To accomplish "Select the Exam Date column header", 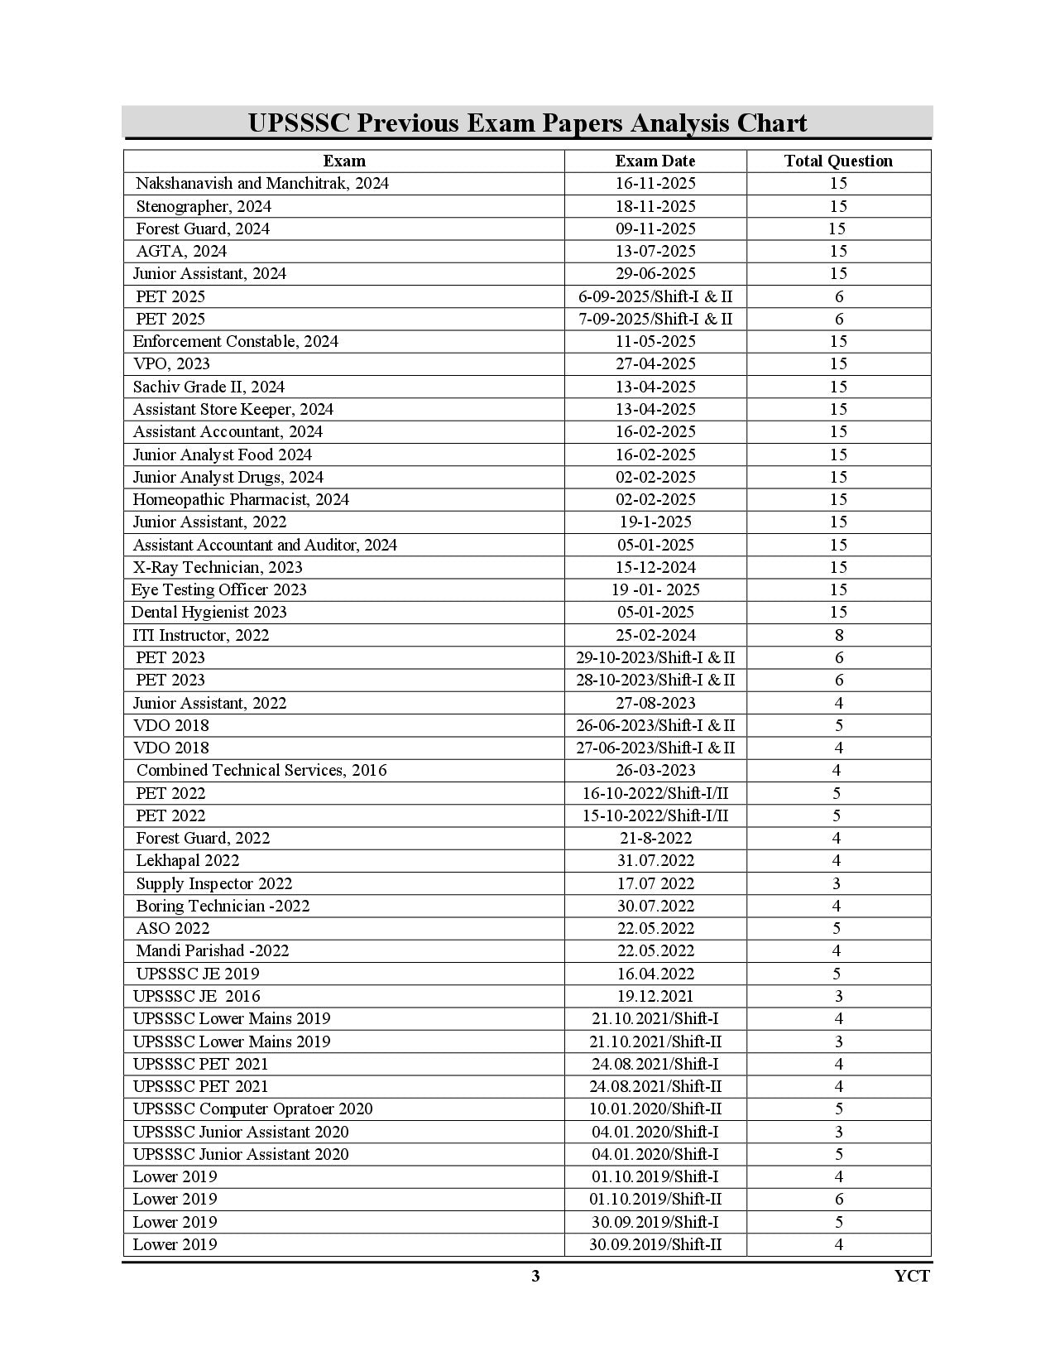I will (x=655, y=161).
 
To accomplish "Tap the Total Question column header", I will (x=838, y=161).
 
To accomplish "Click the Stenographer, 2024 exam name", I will (x=204, y=206).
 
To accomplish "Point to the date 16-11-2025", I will (x=655, y=183).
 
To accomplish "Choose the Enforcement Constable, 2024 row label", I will (x=236, y=341).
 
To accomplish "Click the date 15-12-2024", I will (x=655, y=567).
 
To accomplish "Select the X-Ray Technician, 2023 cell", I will (x=218, y=567).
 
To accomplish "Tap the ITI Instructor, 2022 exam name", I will (x=201, y=635).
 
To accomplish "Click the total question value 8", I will (x=839, y=635).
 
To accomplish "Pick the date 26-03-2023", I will (x=655, y=770).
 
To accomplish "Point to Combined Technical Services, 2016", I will (x=261, y=770).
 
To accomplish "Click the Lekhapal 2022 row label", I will (x=188, y=860).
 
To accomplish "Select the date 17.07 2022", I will (x=655, y=883).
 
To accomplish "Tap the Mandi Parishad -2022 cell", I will (x=213, y=950).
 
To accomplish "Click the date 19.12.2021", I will (x=655, y=996).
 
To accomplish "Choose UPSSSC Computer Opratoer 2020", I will (x=253, y=1109).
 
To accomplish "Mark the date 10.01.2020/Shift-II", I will (x=655, y=1109).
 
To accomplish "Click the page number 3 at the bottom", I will (x=535, y=1276).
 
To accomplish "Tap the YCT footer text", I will (x=912, y=1276).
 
